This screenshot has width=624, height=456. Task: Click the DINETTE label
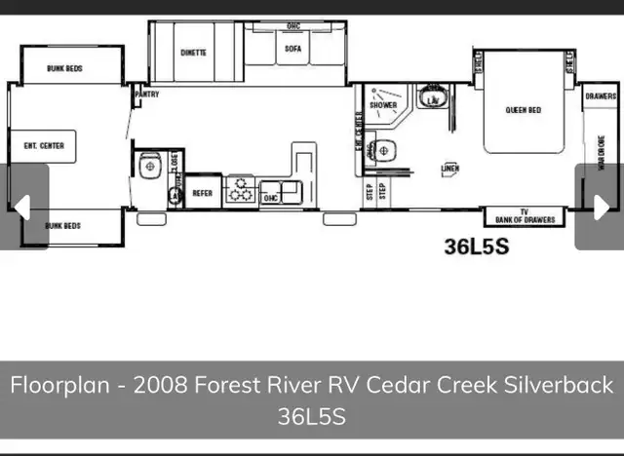tap(193, 53)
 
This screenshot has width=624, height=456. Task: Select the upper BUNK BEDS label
tap(64, 69)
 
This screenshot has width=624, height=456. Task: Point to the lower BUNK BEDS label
tap(62, 225)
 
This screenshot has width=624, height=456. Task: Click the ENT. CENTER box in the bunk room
tap(44, 146)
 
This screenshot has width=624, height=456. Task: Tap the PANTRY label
tap(147, 95)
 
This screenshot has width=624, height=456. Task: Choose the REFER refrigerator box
tap(202, 193)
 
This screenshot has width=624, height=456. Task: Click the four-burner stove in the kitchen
tap(239, 192)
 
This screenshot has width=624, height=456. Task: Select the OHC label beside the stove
tap(272, 198)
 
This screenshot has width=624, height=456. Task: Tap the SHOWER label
tap(382, 105)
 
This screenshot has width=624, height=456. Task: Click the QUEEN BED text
tap(523, 110)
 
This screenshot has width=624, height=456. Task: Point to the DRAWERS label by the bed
tap(601, 96)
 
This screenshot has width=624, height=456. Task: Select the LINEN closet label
tap(449, 169)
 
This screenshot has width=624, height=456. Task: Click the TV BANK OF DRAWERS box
tap(524, 217)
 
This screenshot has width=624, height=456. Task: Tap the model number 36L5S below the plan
tap(477, 247)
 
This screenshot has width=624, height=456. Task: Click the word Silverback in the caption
tap(559, 385)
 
